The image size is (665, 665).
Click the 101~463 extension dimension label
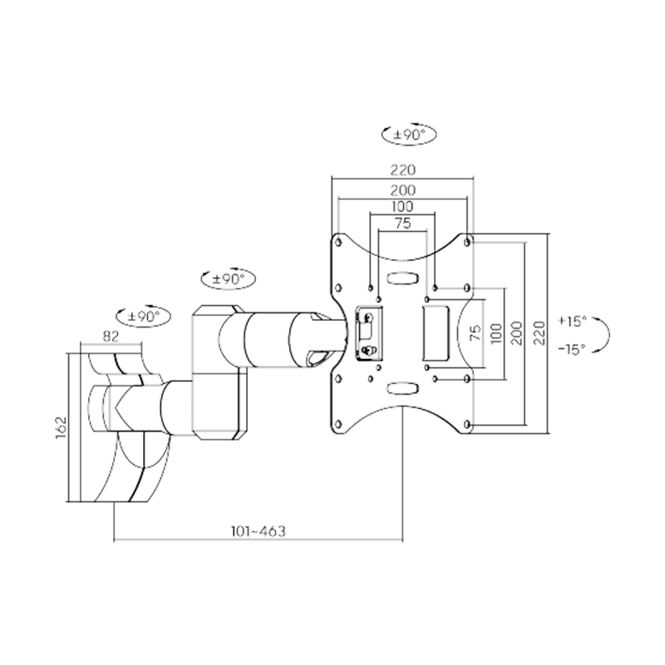pos(258,531)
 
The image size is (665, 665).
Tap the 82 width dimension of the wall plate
pos(111,337)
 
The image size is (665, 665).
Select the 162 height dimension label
pos(62,427)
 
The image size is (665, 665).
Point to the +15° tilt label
pos(572,321)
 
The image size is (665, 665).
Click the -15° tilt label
pos(572,349)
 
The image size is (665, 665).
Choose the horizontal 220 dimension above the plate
pos(403,170)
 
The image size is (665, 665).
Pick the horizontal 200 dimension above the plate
pos(403,190)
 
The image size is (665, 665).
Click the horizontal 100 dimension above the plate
pos(402,206)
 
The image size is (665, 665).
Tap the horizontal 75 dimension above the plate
pos(403,223)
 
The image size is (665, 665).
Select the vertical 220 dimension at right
pos(539,333)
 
